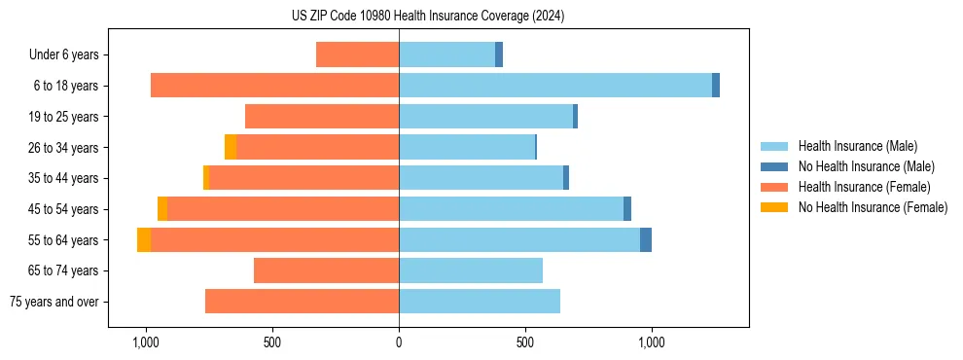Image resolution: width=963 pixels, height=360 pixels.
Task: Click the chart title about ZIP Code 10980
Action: point(427,16)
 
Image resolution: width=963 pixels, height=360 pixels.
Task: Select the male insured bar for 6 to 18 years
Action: point(554,86)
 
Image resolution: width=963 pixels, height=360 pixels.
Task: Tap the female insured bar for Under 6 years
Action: point(357,54)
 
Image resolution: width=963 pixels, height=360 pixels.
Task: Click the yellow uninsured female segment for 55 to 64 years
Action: point(144,240)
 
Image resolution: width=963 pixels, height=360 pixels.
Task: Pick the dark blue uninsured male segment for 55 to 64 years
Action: point(646,240)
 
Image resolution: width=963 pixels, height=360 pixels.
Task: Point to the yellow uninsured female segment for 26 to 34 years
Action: point(231,147)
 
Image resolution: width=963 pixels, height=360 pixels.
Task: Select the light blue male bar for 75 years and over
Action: point(480,302)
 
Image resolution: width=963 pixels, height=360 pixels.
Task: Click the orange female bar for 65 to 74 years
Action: point(326,270)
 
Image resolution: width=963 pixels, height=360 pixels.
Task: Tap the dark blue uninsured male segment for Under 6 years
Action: point(499,54)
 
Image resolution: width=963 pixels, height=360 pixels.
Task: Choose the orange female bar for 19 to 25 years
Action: point(322,117)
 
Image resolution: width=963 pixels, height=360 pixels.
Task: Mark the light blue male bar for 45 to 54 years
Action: point(511,209)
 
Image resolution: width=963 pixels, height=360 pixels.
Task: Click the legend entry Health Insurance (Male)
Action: point(857,146)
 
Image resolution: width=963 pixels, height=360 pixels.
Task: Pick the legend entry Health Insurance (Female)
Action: point(864,187)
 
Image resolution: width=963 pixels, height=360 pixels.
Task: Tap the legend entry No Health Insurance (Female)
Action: point(873,207)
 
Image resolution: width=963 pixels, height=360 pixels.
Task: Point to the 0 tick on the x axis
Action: point(399,342)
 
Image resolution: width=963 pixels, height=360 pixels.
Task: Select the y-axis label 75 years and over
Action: point(53,302)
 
